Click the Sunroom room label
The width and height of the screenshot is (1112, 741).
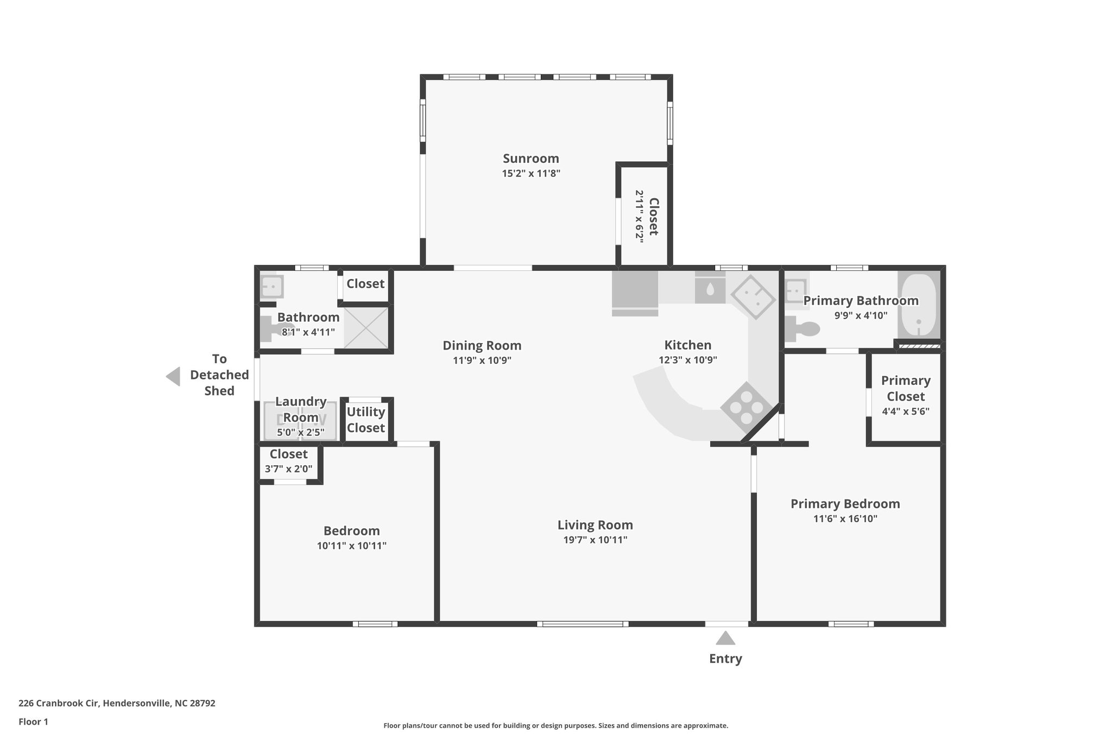pos(530,159)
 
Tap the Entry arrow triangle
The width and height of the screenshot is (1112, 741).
pos(725,638)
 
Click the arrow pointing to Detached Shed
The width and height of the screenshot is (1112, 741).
pos(173,376)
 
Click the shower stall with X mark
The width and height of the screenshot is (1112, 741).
pos(366,327)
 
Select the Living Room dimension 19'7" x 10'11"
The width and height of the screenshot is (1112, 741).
pos(595,540)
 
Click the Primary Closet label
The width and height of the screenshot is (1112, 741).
pos(905,388)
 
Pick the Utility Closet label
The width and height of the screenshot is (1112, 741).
pos(365,420)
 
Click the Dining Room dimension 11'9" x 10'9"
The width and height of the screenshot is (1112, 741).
pos(482,360)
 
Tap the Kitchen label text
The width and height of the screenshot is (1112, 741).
pos(687,345)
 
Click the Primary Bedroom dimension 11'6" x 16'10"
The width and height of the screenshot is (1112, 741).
pos(845,518)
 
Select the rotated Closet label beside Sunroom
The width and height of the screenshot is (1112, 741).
pos(653,216)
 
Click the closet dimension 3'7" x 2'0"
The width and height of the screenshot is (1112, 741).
pos(288,468)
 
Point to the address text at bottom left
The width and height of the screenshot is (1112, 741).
pos(117,703)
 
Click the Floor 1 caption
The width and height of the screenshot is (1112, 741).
pos(33,721)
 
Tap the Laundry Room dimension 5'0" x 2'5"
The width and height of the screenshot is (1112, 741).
pos(300,432)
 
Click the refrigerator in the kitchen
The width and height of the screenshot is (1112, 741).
pos(635,293)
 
